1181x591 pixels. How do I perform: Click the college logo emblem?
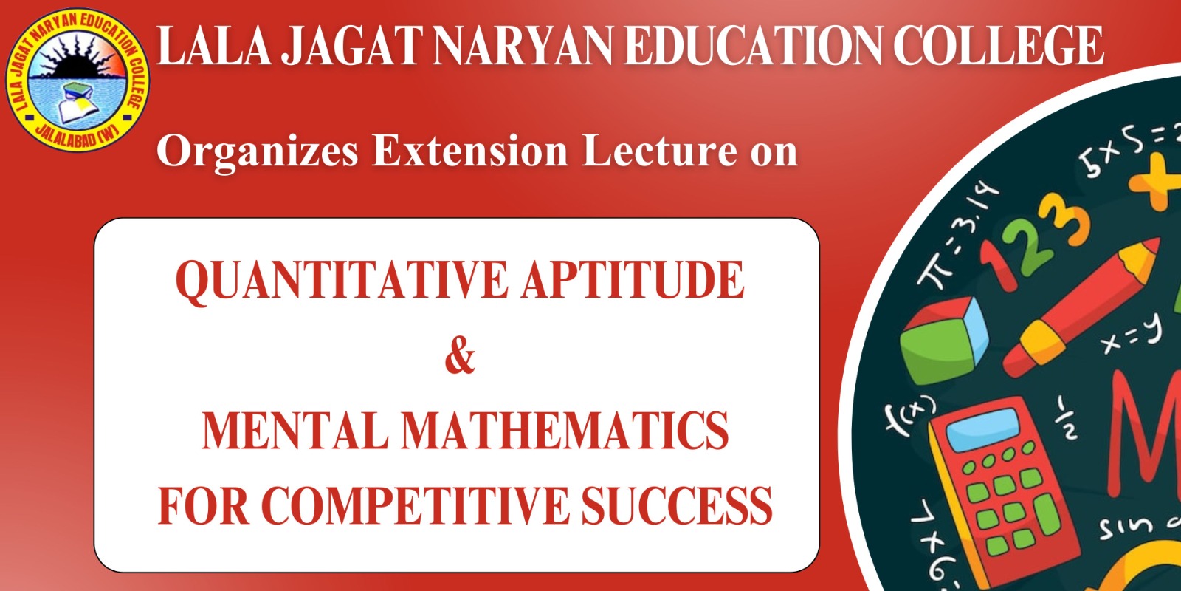point(77,79)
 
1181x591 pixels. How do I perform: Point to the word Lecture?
point(660,151)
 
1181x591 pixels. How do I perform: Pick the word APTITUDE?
point(633,280)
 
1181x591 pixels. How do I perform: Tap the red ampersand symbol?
point(460,358)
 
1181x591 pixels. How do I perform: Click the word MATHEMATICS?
point(565,431)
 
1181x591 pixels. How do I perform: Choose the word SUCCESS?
point(677,505)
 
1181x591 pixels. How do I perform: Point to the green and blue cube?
point(944,341)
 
